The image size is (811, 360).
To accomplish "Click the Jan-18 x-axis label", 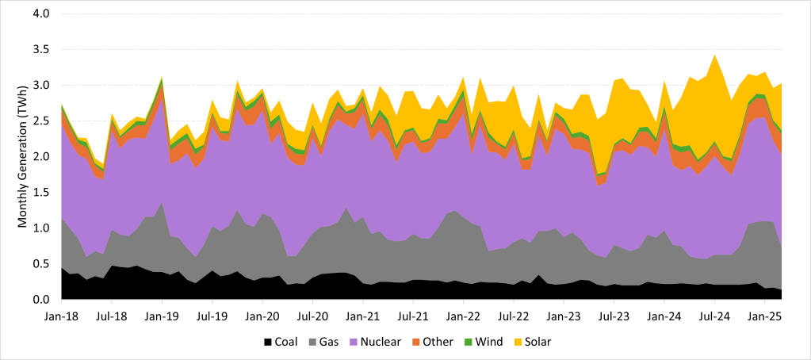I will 61,316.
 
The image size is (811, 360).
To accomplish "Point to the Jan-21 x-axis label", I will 362,316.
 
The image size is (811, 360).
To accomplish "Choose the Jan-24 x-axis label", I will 664,316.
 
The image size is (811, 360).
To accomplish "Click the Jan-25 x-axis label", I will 764,316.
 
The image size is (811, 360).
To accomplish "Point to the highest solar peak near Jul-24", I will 715,56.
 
